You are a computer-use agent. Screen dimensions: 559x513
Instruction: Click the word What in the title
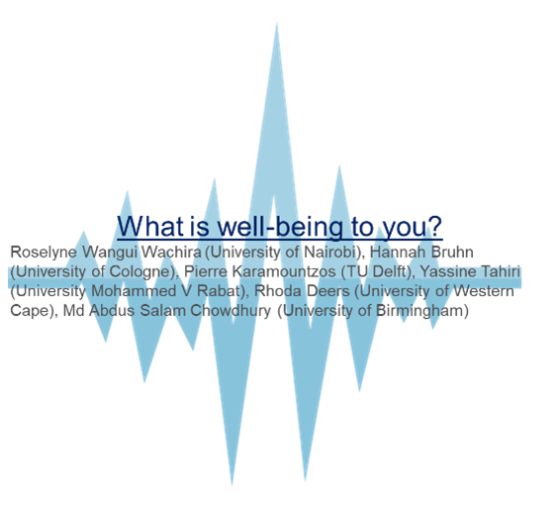click(x=150, y=226)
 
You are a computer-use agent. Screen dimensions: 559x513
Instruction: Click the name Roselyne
click(x=44, y=253)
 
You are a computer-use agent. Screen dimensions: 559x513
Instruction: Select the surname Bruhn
click(x=452, y=253)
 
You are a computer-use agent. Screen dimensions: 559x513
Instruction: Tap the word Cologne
click(x=141, y=272)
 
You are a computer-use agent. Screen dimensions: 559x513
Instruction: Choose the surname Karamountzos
click(x=284, y=271)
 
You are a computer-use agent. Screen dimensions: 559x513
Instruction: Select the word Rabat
click(x=219, y=291)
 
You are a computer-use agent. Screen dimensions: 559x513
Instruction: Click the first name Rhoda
click(x=278, y=291)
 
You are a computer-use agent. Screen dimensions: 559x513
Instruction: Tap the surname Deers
click(x=328, y=291)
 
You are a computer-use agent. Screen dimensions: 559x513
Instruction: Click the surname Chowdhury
click(x=231, y=311)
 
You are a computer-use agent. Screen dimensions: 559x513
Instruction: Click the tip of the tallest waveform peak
click(x=277, y=22)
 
